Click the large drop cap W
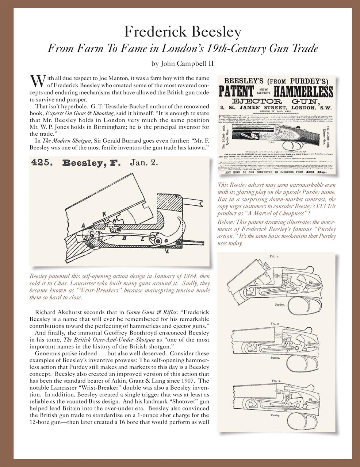point(35,80)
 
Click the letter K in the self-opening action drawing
point(94,214)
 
